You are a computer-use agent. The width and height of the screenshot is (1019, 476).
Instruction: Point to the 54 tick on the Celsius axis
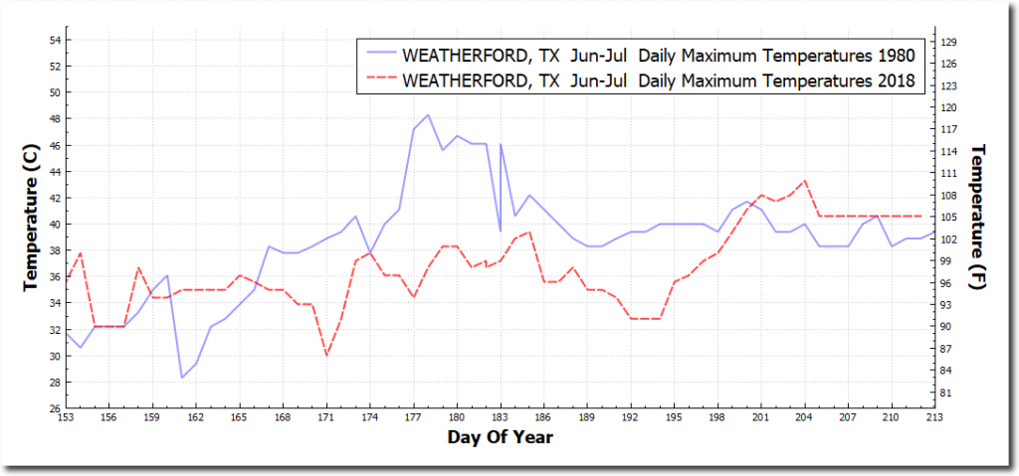[x=55, y=40]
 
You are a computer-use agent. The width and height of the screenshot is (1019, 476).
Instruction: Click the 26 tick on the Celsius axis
[x=55, y=408]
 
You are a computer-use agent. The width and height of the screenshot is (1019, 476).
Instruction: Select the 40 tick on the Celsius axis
[x=55, y=225]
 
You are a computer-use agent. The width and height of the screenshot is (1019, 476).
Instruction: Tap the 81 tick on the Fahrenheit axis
[x=948, y=394]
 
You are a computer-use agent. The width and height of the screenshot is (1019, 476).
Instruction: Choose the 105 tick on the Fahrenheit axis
[x=948, y=217]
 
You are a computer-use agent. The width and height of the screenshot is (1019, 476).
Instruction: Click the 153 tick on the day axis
[x=67, y=417]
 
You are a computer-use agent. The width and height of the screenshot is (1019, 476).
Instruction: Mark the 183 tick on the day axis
[x=500, y=417]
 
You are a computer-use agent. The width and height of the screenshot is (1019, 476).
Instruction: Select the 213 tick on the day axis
[x=933, y=417]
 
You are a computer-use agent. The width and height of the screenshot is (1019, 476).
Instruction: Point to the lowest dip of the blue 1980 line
[x=182, y=378]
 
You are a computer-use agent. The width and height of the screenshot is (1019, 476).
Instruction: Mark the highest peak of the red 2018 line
[x=804, y=181]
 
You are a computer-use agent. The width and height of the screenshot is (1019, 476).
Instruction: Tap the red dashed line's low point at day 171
[x=326, y=355]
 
